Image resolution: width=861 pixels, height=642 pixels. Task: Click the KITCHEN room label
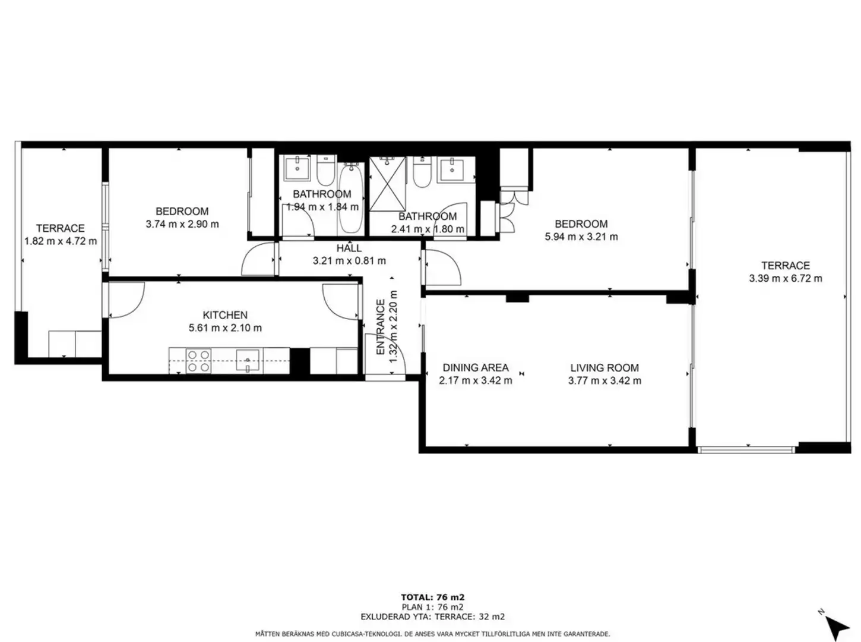click(225, 315)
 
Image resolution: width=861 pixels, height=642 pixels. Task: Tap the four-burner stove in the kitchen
click(198, 361)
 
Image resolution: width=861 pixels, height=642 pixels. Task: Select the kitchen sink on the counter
click(247, 360)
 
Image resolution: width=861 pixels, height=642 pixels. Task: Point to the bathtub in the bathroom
click(352, 198)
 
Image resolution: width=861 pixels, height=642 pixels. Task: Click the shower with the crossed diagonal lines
click(387, 184)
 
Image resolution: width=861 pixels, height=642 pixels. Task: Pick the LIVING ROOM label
click(604, 367)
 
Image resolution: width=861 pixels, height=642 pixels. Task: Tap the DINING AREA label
click(476, 367)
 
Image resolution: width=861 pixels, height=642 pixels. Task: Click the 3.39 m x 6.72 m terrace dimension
click(786, 278)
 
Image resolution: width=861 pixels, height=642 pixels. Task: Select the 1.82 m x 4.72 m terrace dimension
click(61, 241)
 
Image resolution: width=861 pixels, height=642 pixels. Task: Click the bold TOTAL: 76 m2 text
click(432, 597)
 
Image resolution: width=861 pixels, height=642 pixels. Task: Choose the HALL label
click(349, 248)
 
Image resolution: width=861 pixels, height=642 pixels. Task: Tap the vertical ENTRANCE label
click(381, 327)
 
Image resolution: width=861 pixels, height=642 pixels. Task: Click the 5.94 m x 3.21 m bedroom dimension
click(581, 237)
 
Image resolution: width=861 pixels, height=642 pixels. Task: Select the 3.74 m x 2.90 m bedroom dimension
click(182, 224)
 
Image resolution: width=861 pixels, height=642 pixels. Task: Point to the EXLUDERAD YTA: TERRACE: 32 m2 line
click(432, 617)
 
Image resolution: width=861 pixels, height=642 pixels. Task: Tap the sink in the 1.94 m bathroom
click(297, 169)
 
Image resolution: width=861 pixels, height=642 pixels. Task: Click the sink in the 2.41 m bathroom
click(451, 169)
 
